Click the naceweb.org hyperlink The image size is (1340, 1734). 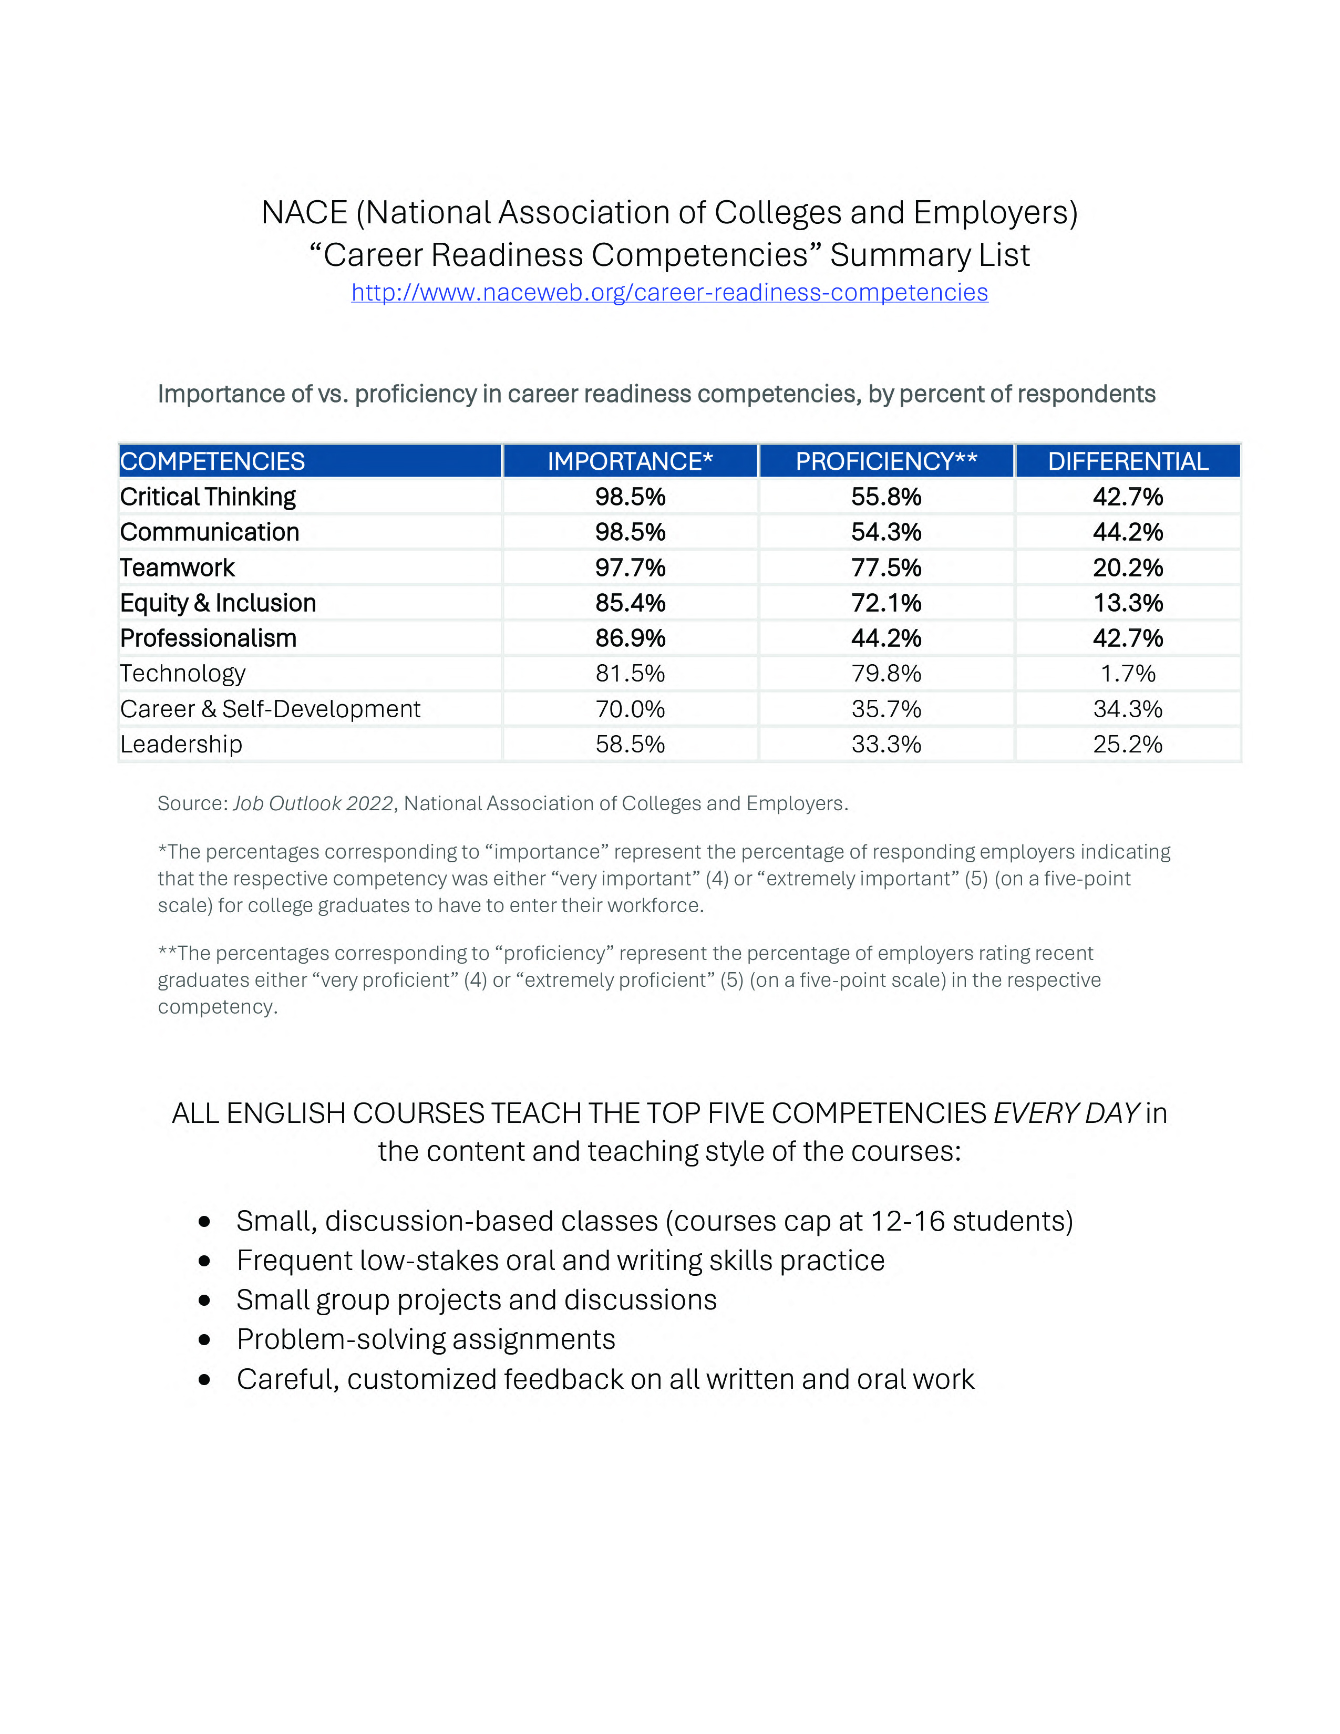669,293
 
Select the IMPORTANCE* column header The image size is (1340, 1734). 630,461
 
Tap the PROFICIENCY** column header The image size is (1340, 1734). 886,461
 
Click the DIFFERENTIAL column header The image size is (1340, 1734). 1127,461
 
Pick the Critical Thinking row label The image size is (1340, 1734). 208,497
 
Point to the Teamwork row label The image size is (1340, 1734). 177,567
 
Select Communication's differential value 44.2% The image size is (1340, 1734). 1127,532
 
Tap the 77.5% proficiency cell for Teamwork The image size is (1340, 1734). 886,567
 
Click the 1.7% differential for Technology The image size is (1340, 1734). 1127,673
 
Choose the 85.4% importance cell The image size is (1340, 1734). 630,603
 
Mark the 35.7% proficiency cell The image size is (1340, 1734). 886,709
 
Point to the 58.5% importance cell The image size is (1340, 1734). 630,744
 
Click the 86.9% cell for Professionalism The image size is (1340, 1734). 630,638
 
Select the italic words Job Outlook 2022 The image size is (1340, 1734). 313,803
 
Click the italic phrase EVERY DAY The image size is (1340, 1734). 1066,1113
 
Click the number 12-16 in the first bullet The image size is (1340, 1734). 908,1221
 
